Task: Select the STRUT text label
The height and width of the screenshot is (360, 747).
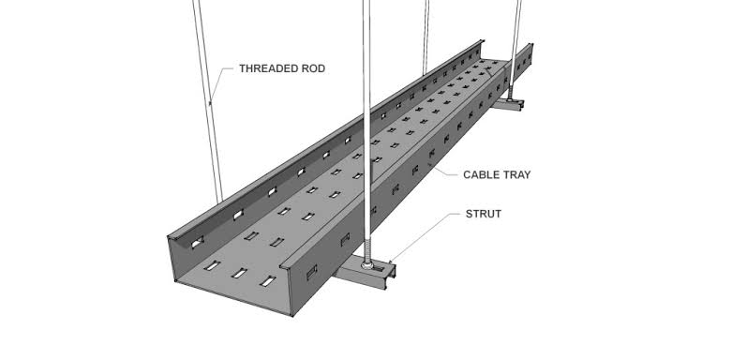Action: (484, 214)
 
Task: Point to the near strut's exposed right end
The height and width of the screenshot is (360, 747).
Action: (396, 273)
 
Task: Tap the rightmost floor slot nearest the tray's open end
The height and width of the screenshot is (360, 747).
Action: (269, 282)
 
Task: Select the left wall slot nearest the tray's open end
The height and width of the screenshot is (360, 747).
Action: (195, 243)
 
